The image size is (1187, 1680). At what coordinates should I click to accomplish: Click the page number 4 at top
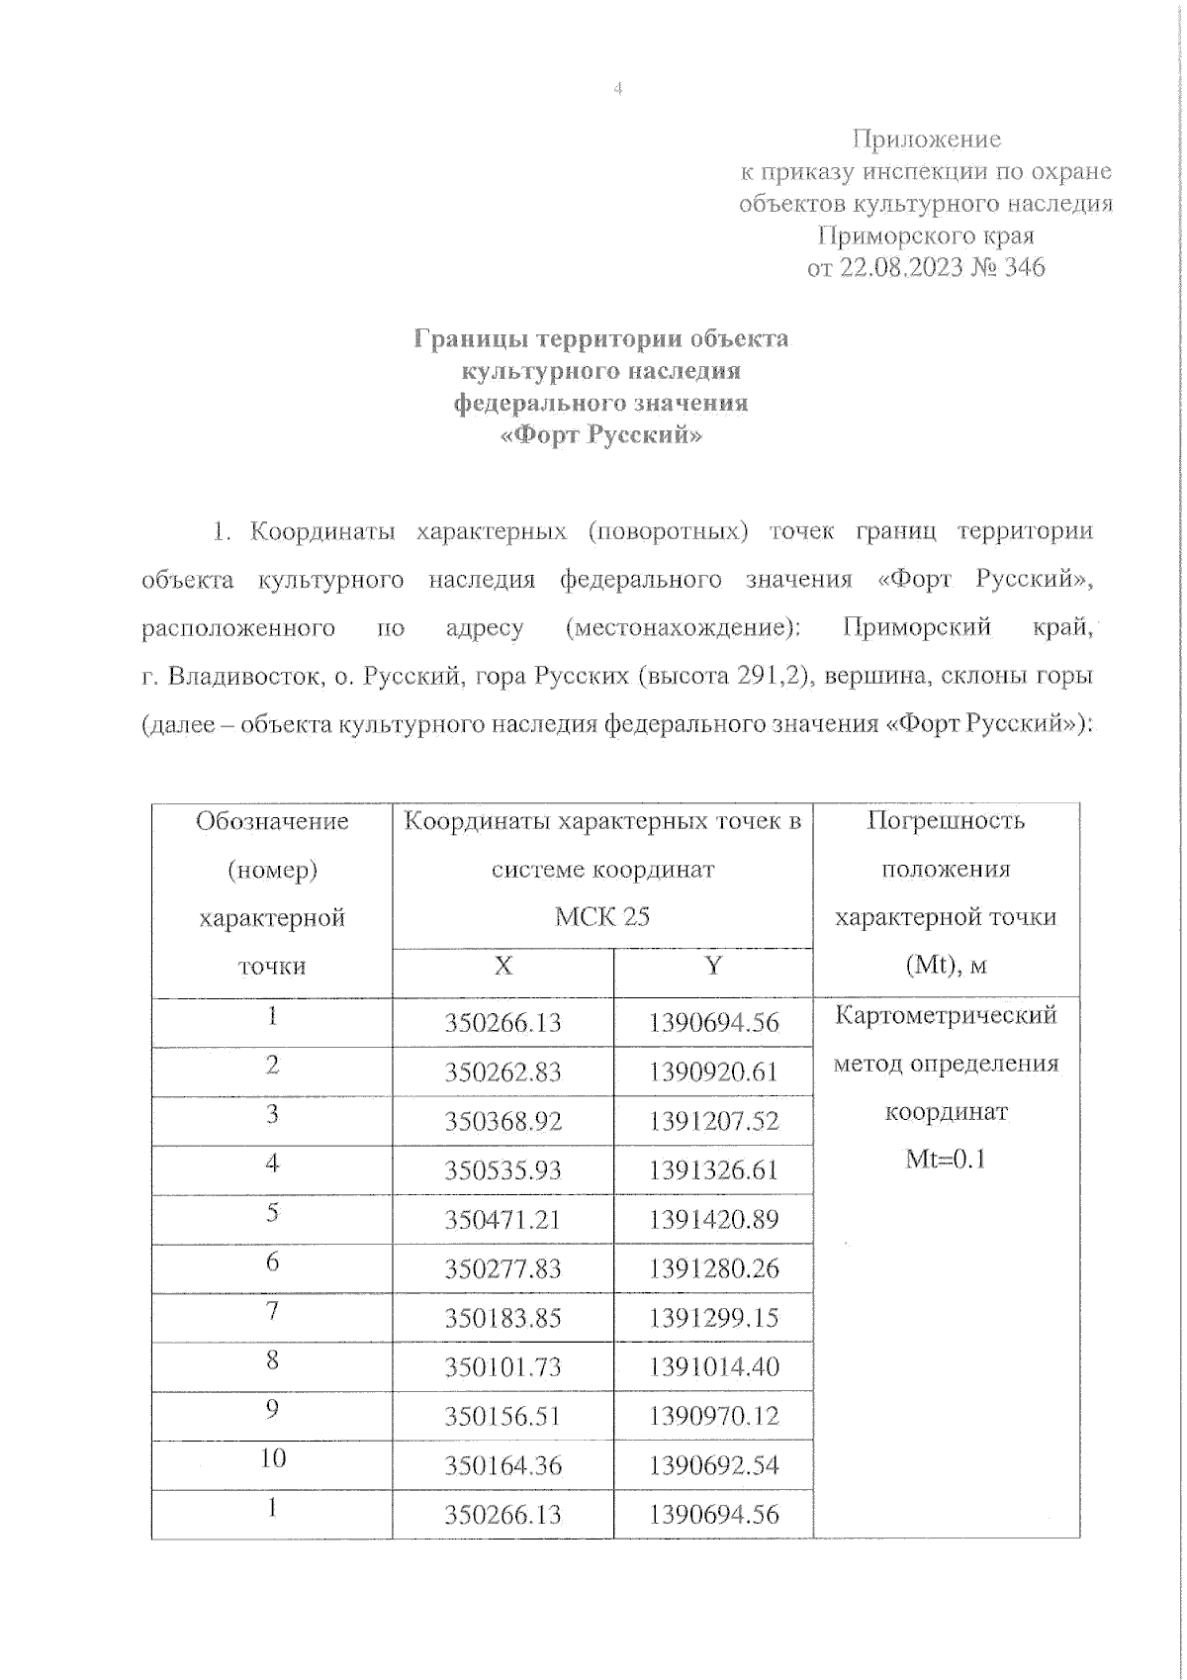pyautogui.click(x=618, y=89)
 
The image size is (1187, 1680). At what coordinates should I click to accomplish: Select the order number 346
pyautogui.click(x=1024, y=268)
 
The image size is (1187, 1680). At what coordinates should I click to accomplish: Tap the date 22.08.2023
pyautogui.click(x=900, y=268)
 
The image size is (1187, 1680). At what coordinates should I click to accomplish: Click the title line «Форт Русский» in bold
pyautogui.click(x=601, y=435)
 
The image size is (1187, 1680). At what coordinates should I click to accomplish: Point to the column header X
pyautogui.click(x=502, y=966)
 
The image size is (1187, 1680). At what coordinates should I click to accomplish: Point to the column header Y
pyautogui.click(x=712, y=966)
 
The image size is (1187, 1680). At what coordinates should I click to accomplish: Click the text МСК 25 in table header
pyautogui.click(x=601, y=917)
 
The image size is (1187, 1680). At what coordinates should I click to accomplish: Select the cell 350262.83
pyautogui.click(x=502, y=1073)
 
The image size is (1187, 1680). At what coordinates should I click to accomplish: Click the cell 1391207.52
pyautogui.click(x=713, y=1121)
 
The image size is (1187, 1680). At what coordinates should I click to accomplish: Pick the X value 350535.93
pyautogui.click(x=502, y=1170)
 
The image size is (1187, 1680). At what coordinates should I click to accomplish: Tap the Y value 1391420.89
pyautogui.click(x=713, y=1219)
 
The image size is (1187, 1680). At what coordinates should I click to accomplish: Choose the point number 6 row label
pyautogui.click(x=272, y=1261)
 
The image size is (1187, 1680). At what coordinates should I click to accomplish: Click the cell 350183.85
pyautogui.click(x=502, y=1318)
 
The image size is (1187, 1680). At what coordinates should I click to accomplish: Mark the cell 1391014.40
pyautogui.click(x=713, y=1367)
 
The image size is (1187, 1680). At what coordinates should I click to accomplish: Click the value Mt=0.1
pyautogui.click(x=946, y=1160)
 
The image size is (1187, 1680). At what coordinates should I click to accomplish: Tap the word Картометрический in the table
pyautogui.click(x=946, y=1016)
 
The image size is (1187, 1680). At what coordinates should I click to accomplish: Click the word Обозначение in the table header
pyautogui.click(x=272, y=821)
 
